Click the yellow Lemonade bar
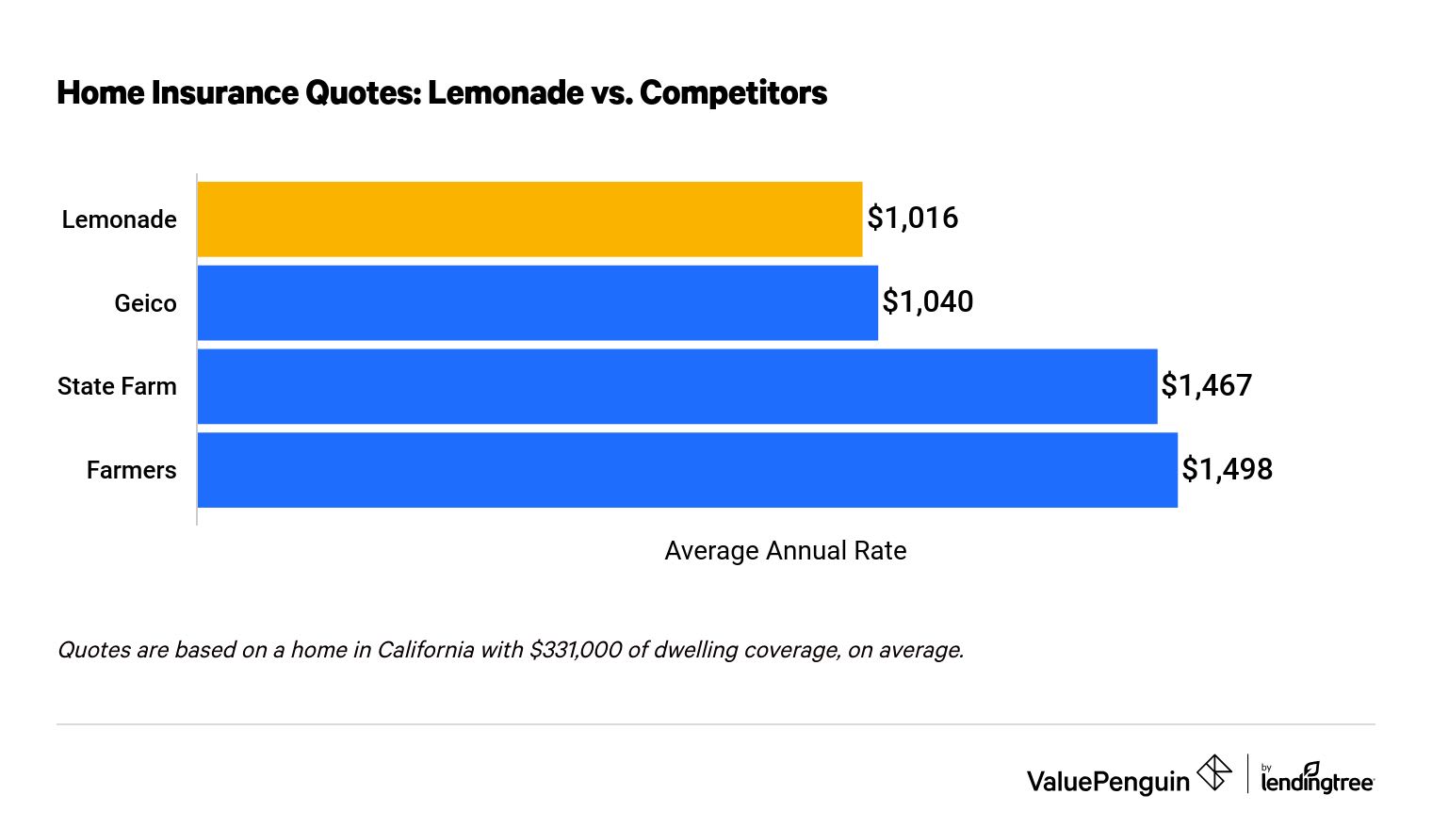[x=529, y=219]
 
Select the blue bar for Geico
[x=537, y=302]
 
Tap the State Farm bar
[x=676, y=386]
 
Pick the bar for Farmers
[x=687, y=470]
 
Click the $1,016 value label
[x=912, y=218]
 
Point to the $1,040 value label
[x=927, y=301]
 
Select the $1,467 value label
[x=1206, y=385]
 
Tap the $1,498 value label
[x=1227, y=469]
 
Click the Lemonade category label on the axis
[x=119, y=219]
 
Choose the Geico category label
[x=145, y=303]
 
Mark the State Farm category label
[x=117, y=386]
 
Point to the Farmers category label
[x=131, y=470]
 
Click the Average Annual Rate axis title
[x=785, y=551]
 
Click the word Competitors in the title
[x=733, y=93]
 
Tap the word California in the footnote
[x=425, y=650]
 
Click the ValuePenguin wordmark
[x=1108, y=781]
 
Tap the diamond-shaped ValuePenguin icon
[x=1213, y=773]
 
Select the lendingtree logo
[x=1317, y=778]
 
